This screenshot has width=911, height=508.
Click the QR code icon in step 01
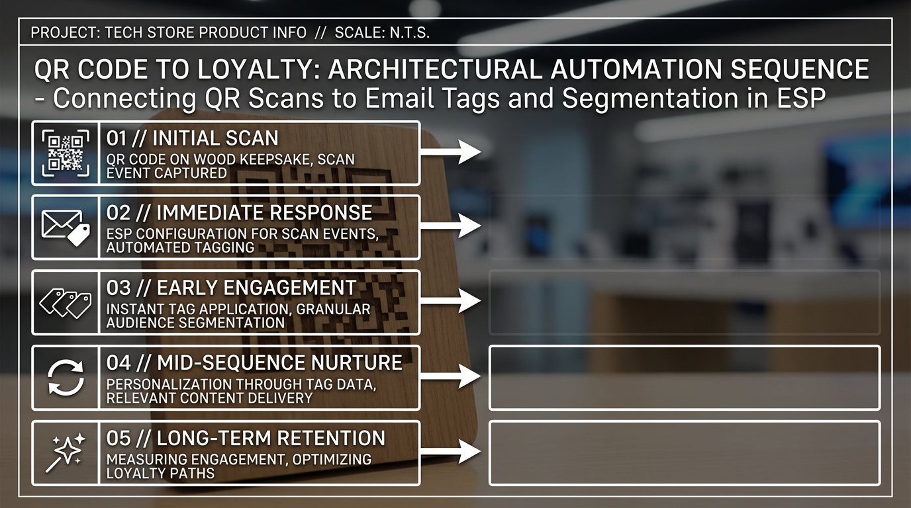point(66,153)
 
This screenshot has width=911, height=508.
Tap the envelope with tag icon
point(66,228)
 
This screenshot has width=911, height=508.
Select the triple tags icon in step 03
point(66,303)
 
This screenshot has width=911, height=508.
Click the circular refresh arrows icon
point(66,378)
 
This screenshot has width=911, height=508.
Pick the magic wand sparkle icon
point(66,452)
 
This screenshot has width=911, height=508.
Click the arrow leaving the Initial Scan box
point(451,151)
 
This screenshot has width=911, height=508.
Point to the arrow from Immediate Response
point(451,226)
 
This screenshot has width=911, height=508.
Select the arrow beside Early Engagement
point(451,301)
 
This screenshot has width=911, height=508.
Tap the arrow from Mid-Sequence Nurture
point(451,376)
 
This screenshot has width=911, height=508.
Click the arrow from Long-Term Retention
point(451,451)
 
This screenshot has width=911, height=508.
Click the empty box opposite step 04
point(685,378)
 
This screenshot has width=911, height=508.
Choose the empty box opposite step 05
point(685,453)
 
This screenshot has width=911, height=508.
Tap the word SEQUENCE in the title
point(800,69)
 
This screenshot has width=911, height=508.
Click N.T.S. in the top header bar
point(410,32)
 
